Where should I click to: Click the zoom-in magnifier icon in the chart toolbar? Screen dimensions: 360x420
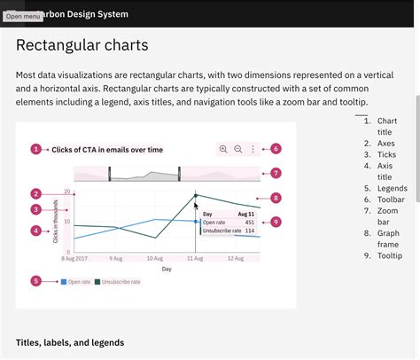(x=223, y=150)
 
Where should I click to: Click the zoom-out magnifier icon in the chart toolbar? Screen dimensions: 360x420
(x=238, y=150)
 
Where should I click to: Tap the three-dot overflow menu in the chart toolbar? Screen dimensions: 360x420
(x=253, y=150)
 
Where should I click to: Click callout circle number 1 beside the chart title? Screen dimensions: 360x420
(x=35, y=150)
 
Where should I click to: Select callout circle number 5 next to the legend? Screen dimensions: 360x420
(x=35, y=281)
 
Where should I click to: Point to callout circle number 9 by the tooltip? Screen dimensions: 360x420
(x=276, y=222)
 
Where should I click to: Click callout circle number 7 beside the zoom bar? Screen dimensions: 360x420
(x=276, y=173)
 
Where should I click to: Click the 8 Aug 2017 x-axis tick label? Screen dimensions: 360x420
(x=74, y=259)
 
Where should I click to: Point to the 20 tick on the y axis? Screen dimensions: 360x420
(x=66, y=192)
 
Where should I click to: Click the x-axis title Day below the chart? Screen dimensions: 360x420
(x=167, y=269)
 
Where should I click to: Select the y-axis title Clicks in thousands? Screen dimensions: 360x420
(x=56, y=223)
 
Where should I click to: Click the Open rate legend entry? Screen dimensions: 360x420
(x=76, y=282)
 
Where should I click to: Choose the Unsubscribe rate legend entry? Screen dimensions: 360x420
(x=118, y=282)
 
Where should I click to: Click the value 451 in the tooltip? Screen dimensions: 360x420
(x=249, y=223)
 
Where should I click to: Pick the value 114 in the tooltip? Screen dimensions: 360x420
(x=249, y=231)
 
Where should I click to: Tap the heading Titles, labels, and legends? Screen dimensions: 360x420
(x=70, y=342)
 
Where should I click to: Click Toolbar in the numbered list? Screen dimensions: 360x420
(x=391, y=200)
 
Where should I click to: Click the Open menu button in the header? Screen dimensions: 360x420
(x=22, y=16)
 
